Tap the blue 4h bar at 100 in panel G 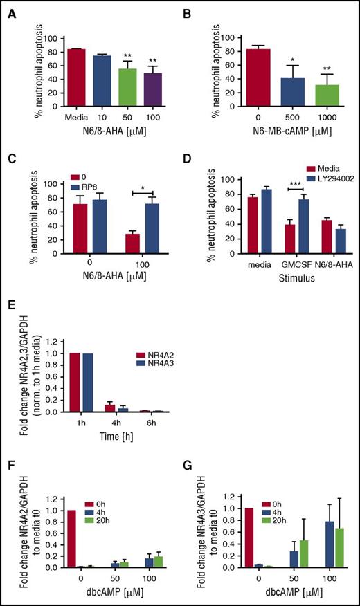coord(309,544)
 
